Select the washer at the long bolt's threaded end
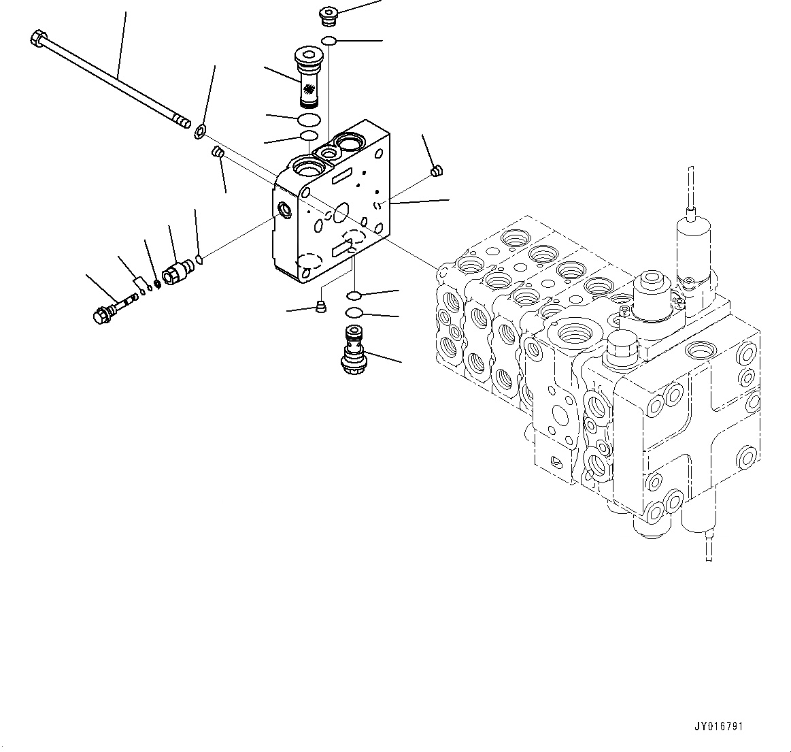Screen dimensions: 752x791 201,130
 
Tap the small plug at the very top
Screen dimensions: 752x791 329,16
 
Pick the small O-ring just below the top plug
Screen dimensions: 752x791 329,42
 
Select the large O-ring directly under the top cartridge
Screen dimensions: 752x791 309,120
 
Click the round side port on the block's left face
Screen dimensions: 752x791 283,210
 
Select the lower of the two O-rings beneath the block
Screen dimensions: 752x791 354,312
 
